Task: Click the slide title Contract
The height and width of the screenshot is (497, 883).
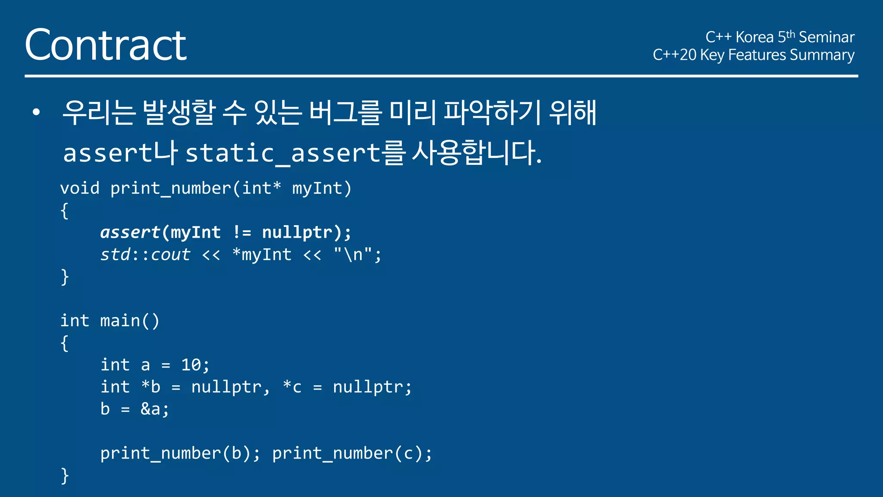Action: (106, 45)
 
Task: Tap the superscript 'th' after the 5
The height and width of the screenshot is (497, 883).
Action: (790, 34)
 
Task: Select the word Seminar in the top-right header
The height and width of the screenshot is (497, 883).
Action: (827, 38)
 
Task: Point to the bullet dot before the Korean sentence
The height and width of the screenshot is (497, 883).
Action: (36, 113)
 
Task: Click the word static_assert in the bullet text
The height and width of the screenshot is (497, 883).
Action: (283, 153)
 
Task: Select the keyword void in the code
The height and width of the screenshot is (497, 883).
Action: (80, 189)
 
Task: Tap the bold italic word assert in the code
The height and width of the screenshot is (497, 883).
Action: (130, 233)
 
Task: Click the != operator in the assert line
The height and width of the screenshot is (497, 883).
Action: (241, 233)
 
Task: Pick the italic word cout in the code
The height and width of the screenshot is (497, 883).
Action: (170, 255)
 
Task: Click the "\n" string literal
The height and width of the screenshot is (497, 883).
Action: (353, 255)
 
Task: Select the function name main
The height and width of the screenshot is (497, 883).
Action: (120, 321)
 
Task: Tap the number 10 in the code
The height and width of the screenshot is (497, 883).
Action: (191, 365)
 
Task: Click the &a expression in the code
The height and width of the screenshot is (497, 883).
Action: (150, 409)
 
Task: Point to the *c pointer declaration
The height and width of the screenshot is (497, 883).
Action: (292, 387)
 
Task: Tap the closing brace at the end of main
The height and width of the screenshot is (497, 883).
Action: (65, 476)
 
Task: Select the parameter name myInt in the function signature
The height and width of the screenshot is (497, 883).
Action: (317, 189)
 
